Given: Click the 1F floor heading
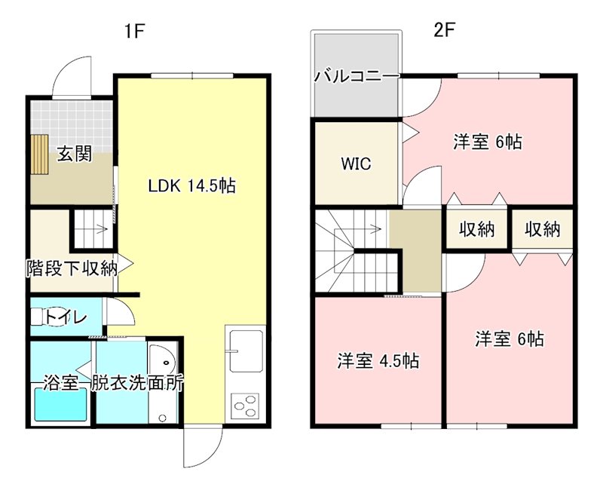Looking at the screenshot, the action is point(134,31).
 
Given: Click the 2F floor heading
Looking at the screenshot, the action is point(444,30).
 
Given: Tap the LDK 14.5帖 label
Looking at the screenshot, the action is point(192,186).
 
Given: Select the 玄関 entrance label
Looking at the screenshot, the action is point(75,155).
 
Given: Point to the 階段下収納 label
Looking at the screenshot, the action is point(72,268).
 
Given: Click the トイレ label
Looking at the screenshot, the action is point(66,317).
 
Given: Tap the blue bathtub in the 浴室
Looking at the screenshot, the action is point(61,405).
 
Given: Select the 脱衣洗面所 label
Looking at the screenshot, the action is point(137,383).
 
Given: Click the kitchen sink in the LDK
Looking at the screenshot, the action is point(246,351).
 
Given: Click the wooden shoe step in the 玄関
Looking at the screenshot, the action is point(40,155).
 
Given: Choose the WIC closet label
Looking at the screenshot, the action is point(356,164).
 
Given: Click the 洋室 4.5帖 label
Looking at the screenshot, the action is point(378,361).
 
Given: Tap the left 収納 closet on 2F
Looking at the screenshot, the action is point(477,230).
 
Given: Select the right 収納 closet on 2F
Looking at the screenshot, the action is point(543,230).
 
